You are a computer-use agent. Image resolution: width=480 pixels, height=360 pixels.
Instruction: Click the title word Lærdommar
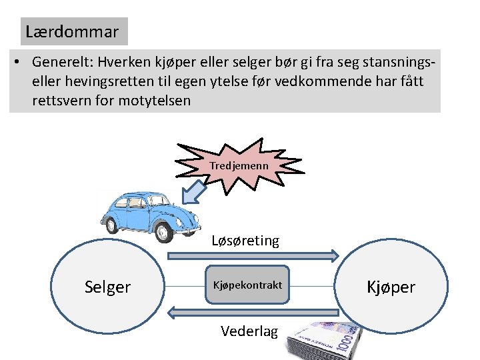pos(72,31)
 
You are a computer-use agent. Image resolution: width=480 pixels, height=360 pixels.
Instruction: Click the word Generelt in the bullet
pos(61,62)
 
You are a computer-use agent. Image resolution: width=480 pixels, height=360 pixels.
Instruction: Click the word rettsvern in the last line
pos(64,101)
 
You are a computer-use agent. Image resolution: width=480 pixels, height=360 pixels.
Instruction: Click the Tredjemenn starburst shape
pos(239,165)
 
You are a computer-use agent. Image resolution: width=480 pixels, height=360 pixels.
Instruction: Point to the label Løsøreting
pos(245,241)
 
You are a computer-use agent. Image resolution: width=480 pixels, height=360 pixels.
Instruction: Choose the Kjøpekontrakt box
pos(247,285)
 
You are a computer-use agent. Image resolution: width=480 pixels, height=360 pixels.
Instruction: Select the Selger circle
pos(107,287)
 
